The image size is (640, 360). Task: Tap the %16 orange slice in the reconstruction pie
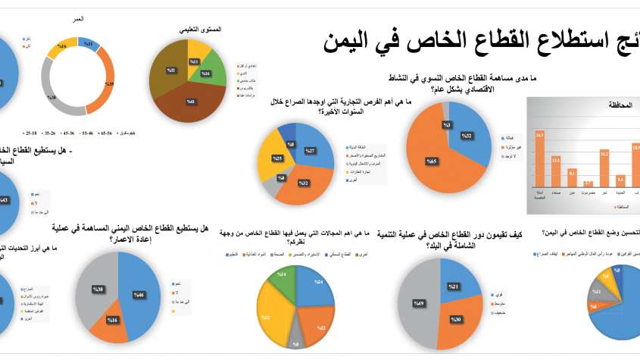point(110,321)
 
